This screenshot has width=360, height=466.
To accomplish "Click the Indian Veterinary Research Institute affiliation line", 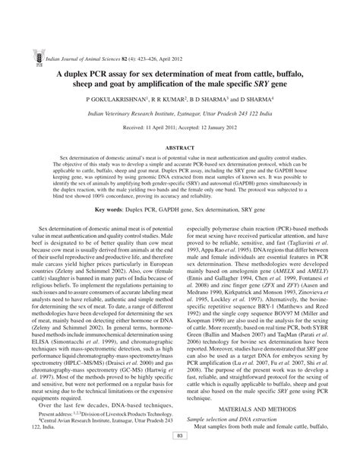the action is pos(180,113).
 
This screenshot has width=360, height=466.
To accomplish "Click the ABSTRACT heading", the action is pos(180,147).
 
